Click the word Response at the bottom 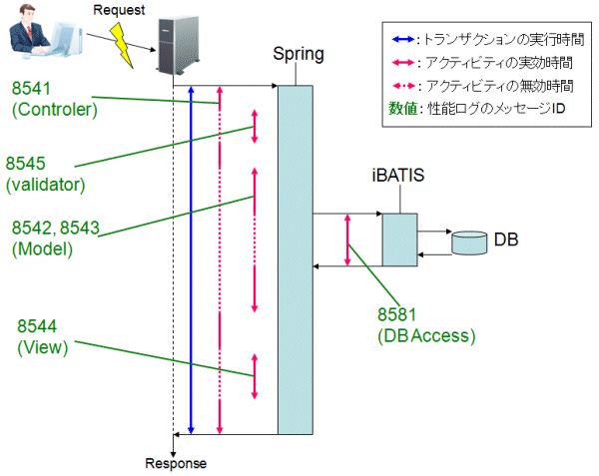[x=175, y=463]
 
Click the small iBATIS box [x=398, y=239]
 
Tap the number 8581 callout [x=402, y=314]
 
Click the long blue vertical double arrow [x=191, y=259]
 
